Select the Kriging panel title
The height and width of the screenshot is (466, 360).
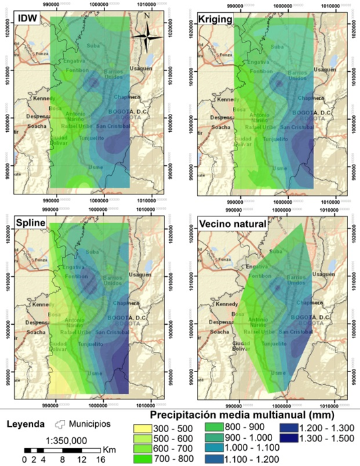tap(216, 20)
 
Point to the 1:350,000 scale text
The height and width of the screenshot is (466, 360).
tap(58, 440)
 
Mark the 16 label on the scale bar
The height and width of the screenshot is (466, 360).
tap(100, 459)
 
